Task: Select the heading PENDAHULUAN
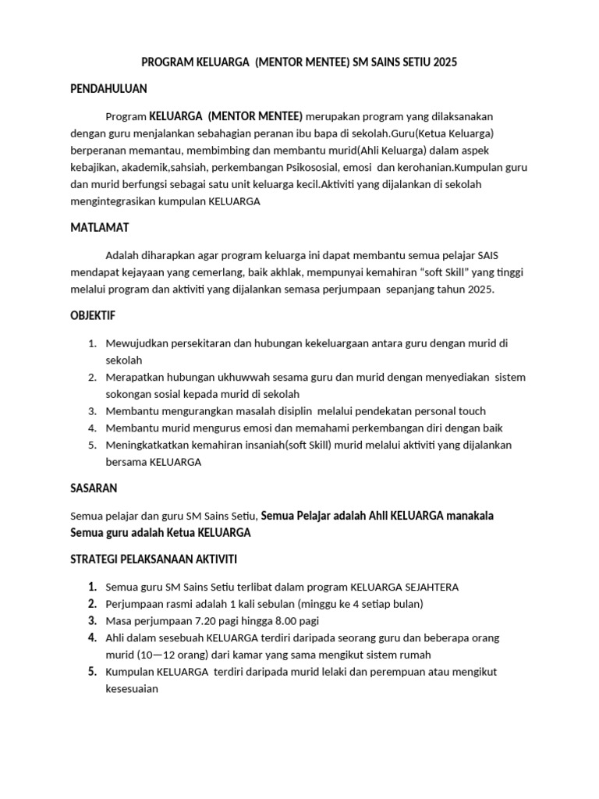pos(108,89)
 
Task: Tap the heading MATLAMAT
pos(100,227)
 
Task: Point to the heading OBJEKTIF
pos(94,315)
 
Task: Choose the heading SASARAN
pos(94,488)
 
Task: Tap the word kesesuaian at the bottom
pos(132,688)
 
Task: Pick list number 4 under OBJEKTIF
pos(91,428)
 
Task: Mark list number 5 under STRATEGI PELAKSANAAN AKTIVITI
pos(91,672)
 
